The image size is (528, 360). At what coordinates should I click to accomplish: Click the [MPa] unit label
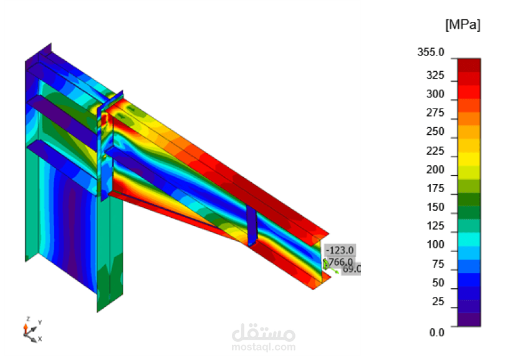click(x=463, y=25)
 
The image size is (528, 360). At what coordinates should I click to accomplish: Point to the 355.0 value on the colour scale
click(x=431, y=52)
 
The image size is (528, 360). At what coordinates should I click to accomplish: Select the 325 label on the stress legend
click(x=435, y=75)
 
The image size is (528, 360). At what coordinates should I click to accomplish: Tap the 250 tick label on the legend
click(x=435, y=132)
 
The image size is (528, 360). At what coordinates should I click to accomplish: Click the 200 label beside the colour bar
click(x=435, y=170)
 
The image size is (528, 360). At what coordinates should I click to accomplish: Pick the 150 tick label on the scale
click(x=435, y=207)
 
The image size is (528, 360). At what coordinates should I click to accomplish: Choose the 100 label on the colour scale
click(x=435, y=245)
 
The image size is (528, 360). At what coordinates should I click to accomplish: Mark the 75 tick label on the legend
click(x=438, y=264)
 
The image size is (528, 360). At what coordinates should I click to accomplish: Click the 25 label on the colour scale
click(x=438, y=301)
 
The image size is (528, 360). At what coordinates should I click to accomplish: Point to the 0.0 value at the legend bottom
click(x=437, y=333)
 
